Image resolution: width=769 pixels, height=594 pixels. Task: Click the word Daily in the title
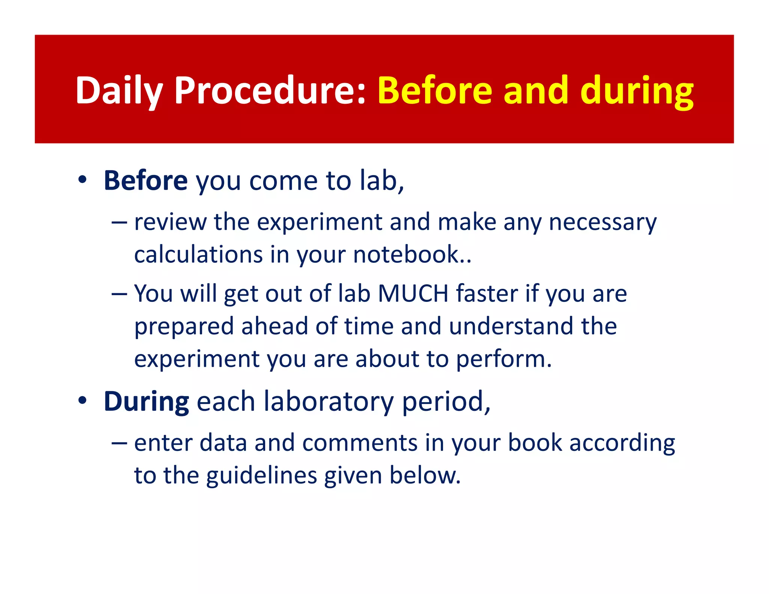119,91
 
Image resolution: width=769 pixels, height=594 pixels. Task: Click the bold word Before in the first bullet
145,181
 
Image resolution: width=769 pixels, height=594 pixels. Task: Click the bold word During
146,401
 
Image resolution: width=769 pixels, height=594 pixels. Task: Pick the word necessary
603,222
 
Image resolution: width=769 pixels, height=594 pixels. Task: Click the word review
170,222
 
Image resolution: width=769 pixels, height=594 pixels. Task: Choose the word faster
487,293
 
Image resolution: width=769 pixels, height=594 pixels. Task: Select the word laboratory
329,401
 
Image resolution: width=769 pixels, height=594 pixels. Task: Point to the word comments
360,443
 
